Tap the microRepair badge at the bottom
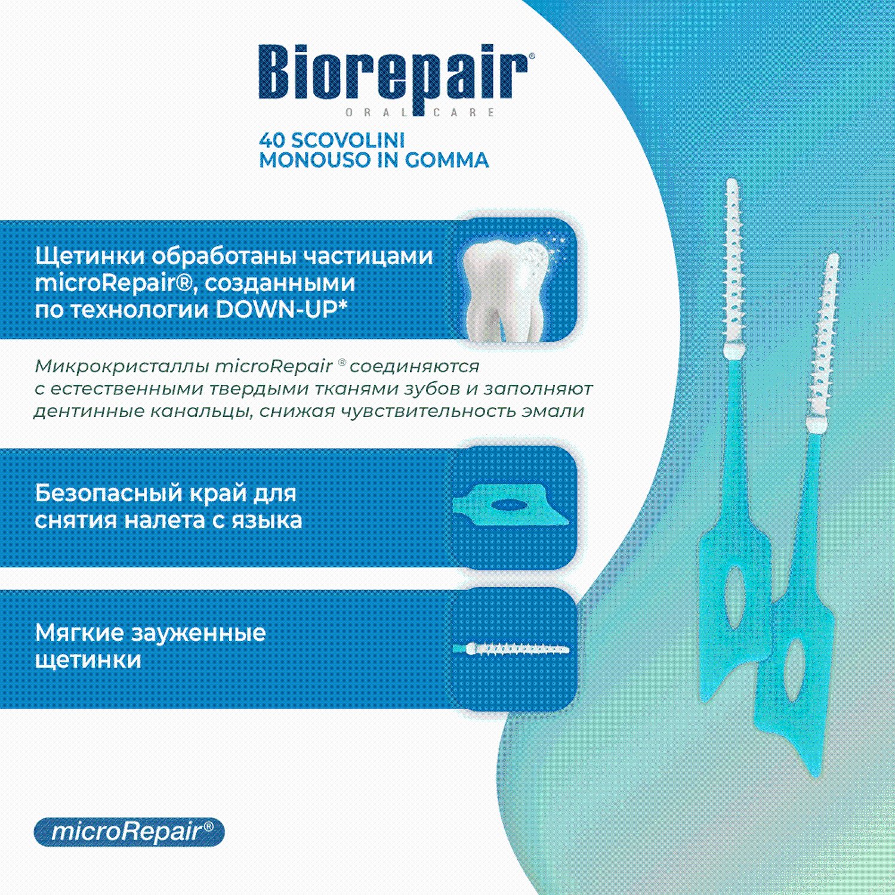(x=129, y=832)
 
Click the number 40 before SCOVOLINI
(x=272, y=140)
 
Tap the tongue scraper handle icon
(x=511, y=506)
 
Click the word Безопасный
(x=108, y=494)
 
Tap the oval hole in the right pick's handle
(x=794, y=669)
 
